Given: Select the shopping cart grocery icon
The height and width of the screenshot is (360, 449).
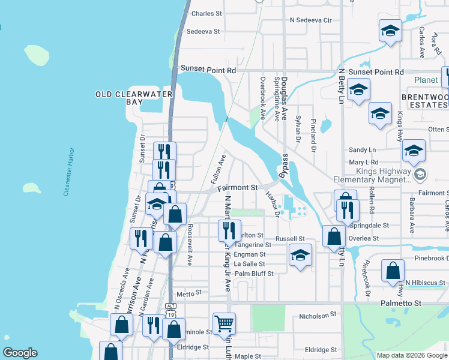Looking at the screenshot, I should (224, 323).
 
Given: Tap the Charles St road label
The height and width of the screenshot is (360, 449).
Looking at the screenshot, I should (206, 13).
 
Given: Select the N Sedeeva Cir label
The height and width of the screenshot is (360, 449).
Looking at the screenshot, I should (310, 20).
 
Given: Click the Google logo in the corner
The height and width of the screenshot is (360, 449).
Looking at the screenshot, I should (20, 353).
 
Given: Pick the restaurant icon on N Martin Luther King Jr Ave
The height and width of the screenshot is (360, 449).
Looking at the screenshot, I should (229, 230).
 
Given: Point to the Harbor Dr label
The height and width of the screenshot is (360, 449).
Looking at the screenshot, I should (273, 203).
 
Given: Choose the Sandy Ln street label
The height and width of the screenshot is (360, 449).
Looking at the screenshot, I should (363, 149).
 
